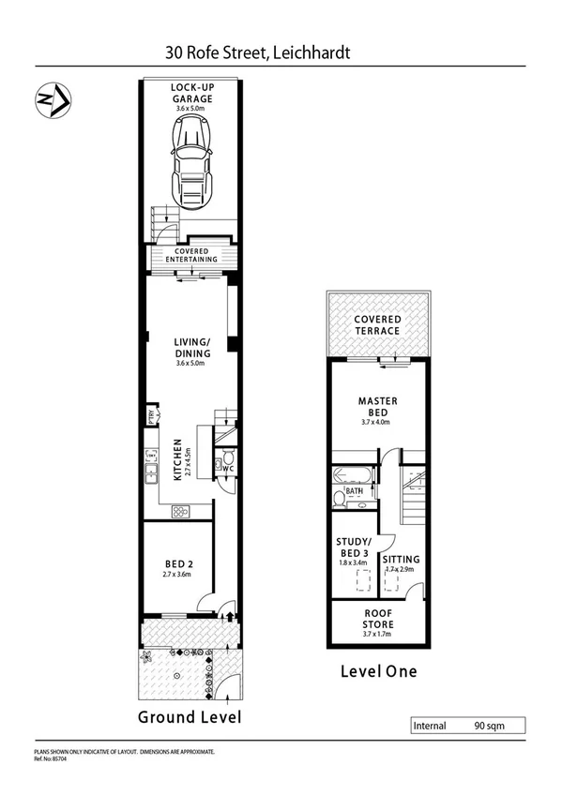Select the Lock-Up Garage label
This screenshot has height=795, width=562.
(191, 94)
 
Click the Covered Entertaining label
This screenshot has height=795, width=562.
(191, 255)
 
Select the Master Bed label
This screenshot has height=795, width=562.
(378, 407)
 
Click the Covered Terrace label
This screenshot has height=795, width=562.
(377, 325)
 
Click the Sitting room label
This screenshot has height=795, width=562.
(402, 559)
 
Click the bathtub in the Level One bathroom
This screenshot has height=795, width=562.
(355, 476)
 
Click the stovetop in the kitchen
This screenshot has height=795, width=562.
(180, 511)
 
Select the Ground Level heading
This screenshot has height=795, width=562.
(190, 717)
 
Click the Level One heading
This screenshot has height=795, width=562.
(377, 671)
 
